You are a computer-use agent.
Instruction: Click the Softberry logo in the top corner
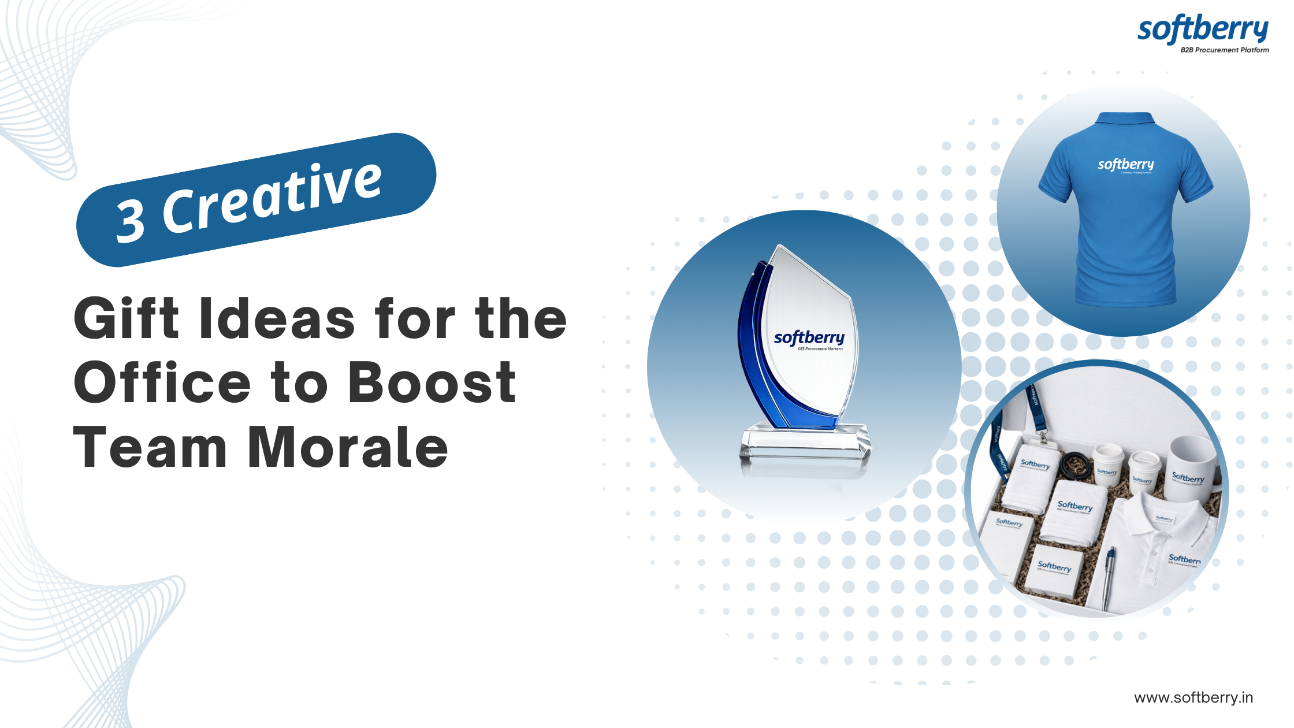(1203, 30)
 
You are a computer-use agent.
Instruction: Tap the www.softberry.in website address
(1193, 697)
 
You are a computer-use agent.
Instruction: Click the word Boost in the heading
(432, 382)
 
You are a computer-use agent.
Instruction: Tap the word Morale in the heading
(348, 447)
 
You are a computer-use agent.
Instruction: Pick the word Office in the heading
(162, 382)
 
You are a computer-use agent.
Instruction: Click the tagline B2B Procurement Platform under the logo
(1225, 50)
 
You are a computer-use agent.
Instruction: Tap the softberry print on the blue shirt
(1126, 165)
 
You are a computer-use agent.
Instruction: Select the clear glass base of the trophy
(806, 442)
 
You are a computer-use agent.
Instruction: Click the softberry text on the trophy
(809, 337)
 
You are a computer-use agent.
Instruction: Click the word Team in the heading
(150, 447)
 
